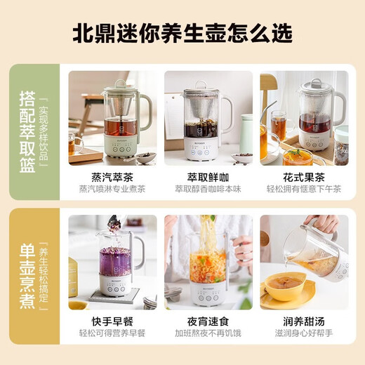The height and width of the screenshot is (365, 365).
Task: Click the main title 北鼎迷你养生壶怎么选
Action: tap(182, 33)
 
